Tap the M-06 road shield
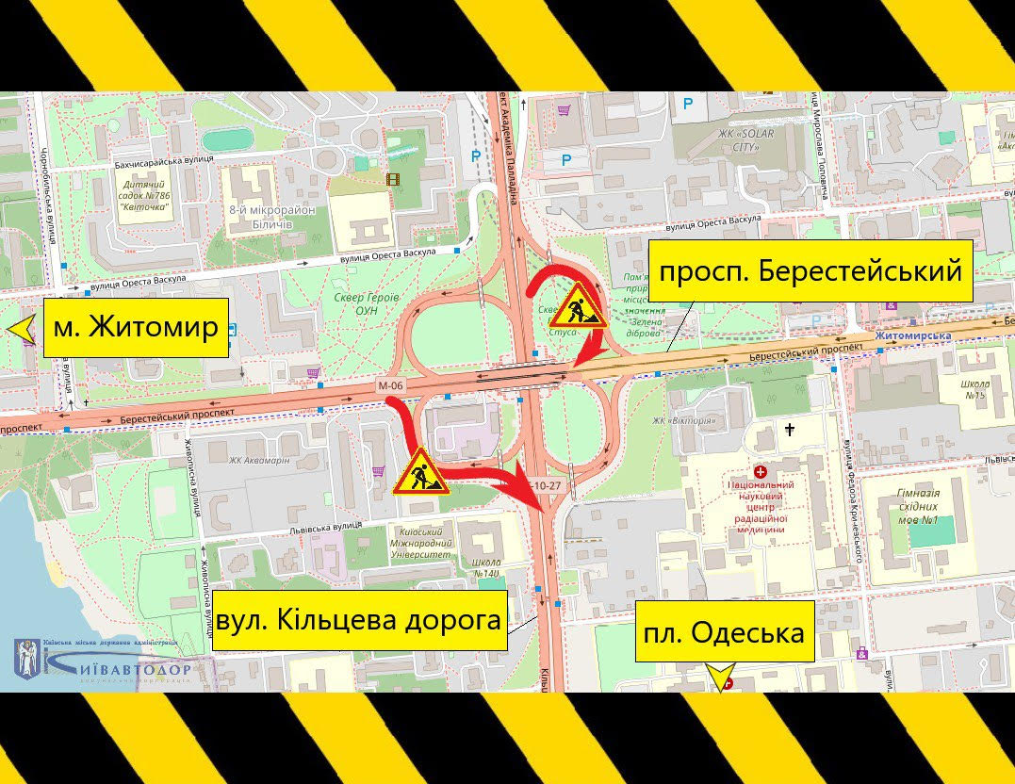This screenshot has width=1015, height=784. pos(389,384)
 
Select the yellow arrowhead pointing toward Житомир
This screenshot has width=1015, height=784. pos(22,329)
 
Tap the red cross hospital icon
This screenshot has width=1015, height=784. pos(761,469)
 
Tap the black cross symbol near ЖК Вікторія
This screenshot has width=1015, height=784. pos(789,429)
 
